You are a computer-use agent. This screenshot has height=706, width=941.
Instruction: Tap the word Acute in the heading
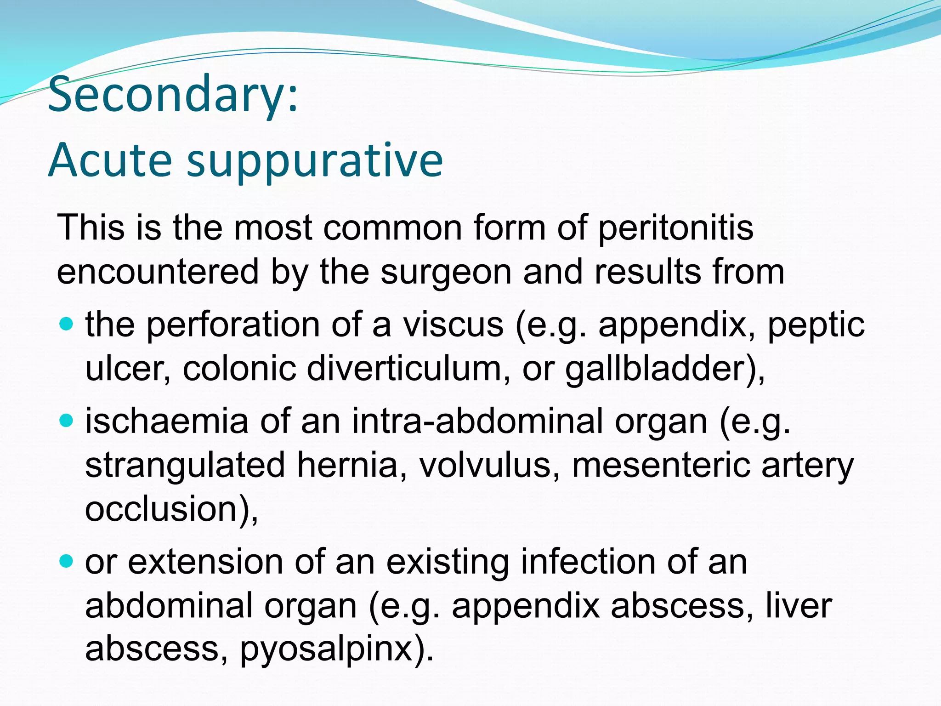pyautogui.click(x=110, y=160)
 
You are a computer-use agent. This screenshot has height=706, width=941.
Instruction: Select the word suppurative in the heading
pyautogui.click(x=315, y=161)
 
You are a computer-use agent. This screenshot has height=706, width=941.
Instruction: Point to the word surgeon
pyautogui.click(x=446, y=272)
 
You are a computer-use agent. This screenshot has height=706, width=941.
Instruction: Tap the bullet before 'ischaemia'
pyautogui.click(x=67, y=420)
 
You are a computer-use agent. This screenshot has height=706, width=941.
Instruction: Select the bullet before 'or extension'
pyautogui.click(x=67, y=561)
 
